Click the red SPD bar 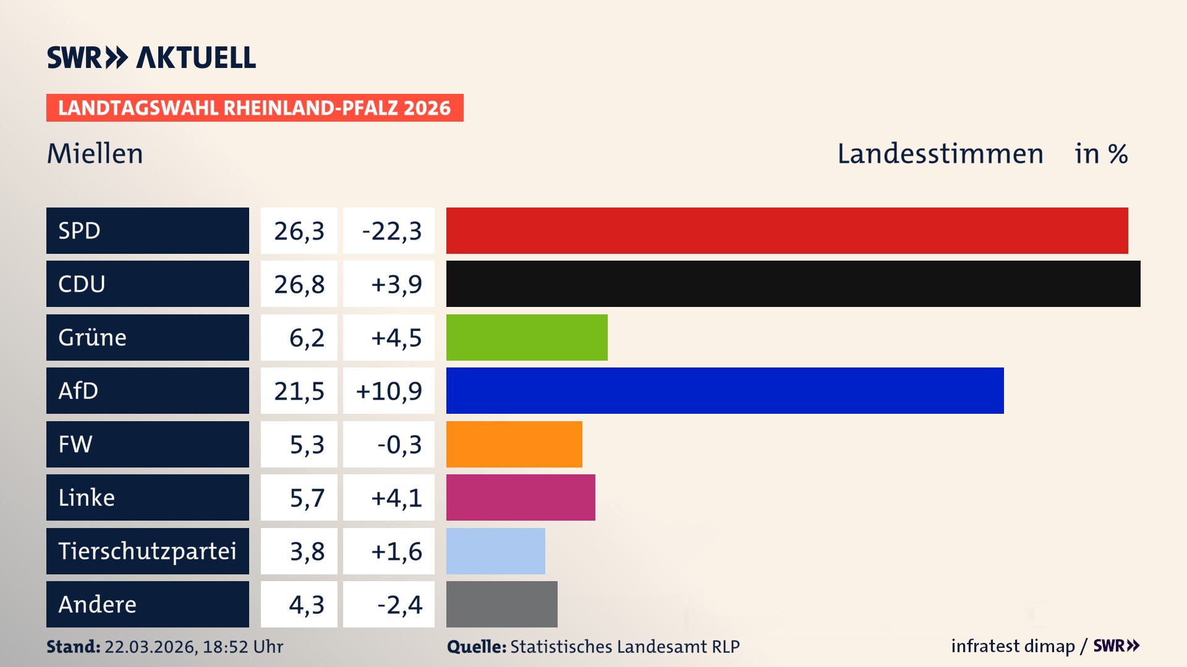point(786,230)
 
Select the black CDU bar point(793,283)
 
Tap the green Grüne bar point(527,337)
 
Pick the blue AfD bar point(725,390)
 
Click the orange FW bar point(514,444)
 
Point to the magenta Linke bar point(521,497)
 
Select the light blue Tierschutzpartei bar point(495,551)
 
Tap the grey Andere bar point(501,604)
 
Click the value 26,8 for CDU point(299,284)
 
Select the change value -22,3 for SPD point(391,231)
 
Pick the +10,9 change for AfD point(389,391)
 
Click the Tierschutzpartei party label point(147,551)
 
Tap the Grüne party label point(93,337)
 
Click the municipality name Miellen point(95,153)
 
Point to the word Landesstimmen point(940,153)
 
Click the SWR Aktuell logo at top point(151,57)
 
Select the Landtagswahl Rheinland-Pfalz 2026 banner point(254,108)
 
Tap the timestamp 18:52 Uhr point(242,647)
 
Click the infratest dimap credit point(1013,646)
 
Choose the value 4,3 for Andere point(306,605)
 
